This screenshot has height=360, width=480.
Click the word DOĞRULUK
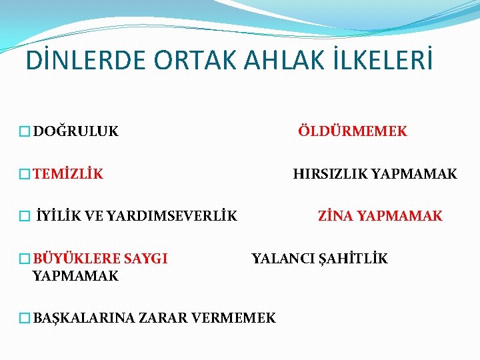75,131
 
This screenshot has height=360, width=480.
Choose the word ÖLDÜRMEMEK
352,131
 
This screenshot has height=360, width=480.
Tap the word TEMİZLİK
68,175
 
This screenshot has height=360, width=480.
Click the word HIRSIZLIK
330,175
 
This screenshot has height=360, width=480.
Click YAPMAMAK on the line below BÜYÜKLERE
75,275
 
